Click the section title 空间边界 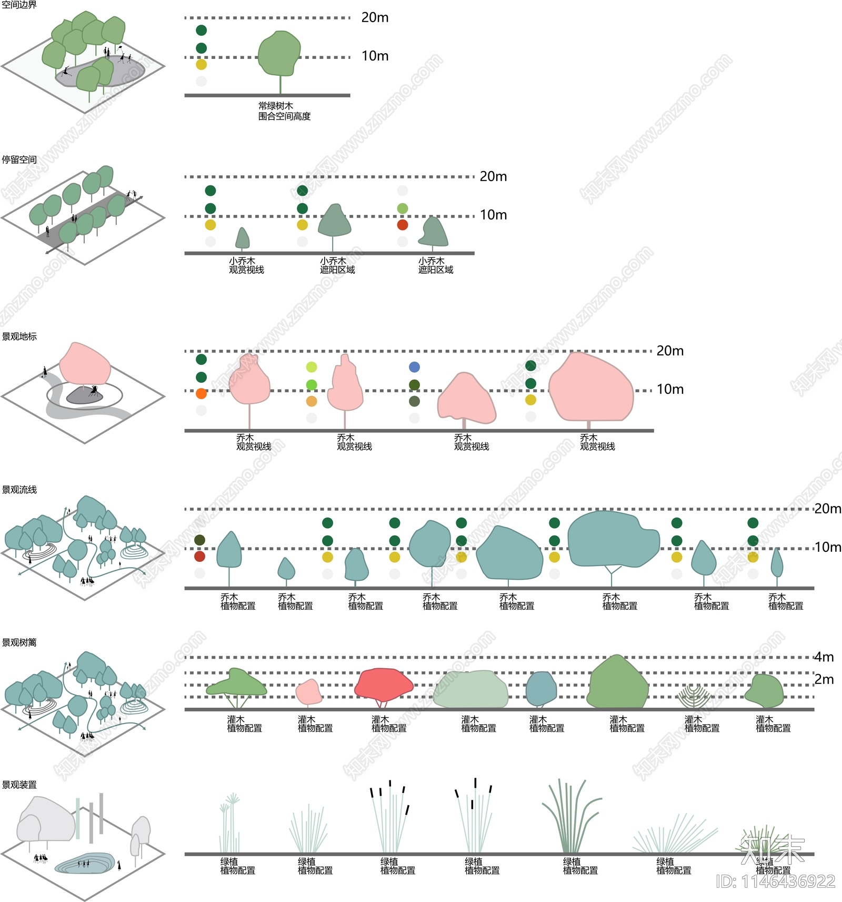19,5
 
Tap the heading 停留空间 19,160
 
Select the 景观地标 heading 19,336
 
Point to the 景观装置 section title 19,785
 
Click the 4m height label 824,657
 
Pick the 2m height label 824,679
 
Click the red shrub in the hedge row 383,685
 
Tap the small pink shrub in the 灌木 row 309,692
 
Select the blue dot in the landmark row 415,367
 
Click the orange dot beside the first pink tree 201,393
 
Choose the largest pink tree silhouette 590,388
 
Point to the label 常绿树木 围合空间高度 284,111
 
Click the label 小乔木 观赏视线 246,265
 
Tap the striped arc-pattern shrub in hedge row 694,696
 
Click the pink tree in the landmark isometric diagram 84,364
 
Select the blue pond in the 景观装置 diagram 84,864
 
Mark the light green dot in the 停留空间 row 403,209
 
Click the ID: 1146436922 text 775,881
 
